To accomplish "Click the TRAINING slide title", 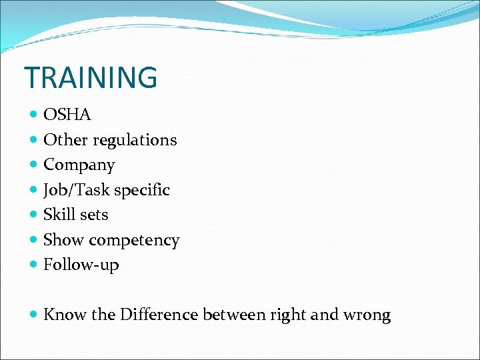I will click(x=91, y=77).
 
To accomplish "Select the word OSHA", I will click(x=67, y=115).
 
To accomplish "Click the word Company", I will click(x=79, y=165).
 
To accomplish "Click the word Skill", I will click(x=58, y=215).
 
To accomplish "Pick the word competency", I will click(x=143, y=240).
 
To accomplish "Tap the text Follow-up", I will click(x=81, y=265).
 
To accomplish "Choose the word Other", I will click(x=65, y=140).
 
